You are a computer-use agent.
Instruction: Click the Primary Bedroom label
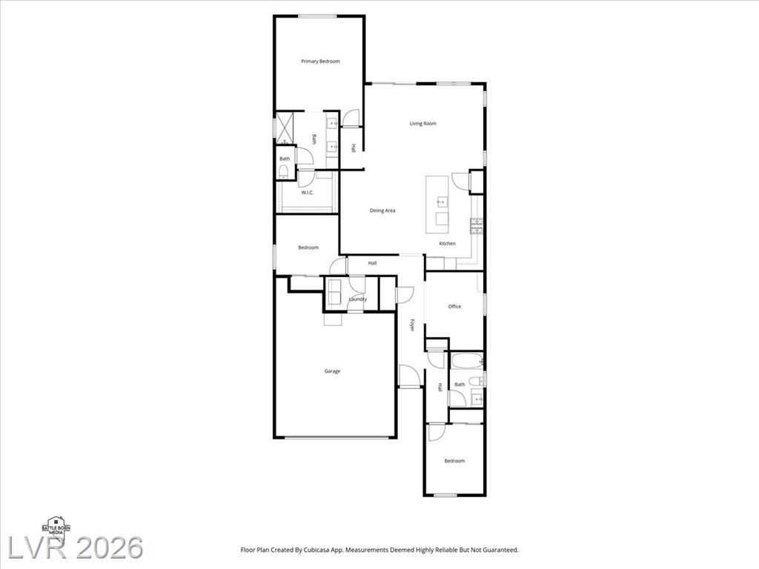[320, 61]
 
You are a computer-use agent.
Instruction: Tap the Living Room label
[423, 124]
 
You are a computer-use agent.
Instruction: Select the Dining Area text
[382, 210]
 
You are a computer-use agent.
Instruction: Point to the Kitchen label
[447, 243]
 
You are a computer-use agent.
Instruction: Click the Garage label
[332, 371]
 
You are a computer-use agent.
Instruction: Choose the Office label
[454, 306]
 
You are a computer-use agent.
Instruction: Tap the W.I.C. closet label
[308, 193]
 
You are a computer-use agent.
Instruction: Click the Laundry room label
[358, 299]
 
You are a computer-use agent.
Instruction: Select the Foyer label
[412, 325]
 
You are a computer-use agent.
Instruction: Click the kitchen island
[437, 204]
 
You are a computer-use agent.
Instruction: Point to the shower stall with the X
[285, 129]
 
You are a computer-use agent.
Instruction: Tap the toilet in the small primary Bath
[284, 171]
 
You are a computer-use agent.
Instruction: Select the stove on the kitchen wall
[477, 227]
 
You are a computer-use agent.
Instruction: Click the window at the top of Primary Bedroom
[317, 16]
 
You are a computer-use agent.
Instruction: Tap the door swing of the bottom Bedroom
[437, 432]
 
